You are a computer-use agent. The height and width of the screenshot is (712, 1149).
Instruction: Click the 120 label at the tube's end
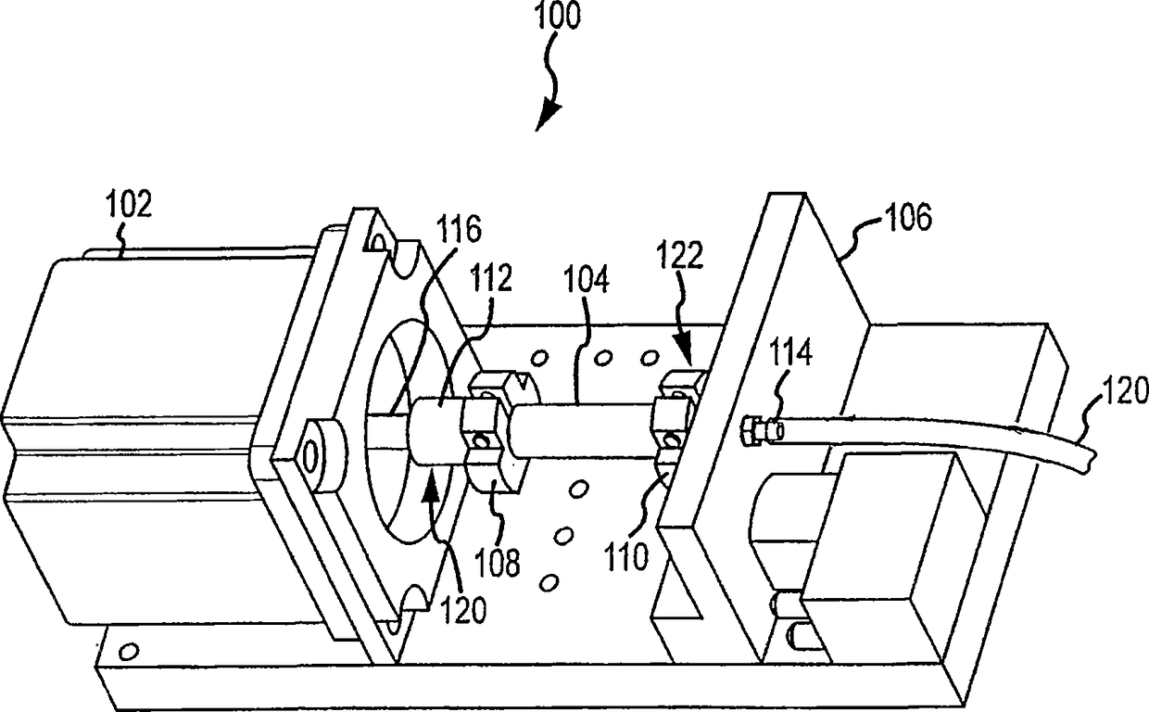[1122, 393]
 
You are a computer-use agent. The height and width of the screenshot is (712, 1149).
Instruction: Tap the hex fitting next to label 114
[754, 430]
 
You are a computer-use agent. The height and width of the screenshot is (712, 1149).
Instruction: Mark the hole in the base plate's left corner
[130, 648]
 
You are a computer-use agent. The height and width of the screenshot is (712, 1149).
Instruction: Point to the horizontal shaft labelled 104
[584, 427]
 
